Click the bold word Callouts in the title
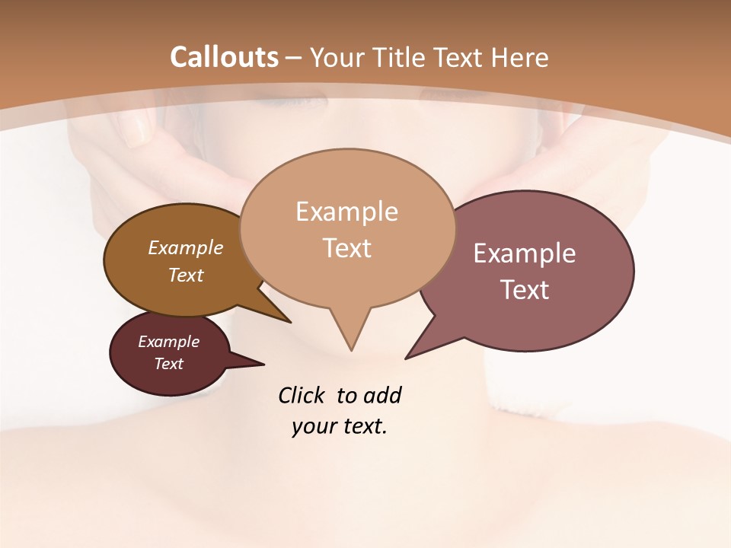(x=224, y=57)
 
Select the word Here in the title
(x=521, y=57)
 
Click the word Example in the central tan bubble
(x=346, y=212)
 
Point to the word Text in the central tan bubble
(x=346, y=248)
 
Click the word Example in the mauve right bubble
(x=525, y=253)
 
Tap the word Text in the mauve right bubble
(x=525, y=290)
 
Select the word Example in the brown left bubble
(x=186, y=247)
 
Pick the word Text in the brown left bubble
(x=186, y=275)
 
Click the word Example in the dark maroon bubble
(x=168, y=342)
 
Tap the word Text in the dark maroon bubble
(x=168, y=364)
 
